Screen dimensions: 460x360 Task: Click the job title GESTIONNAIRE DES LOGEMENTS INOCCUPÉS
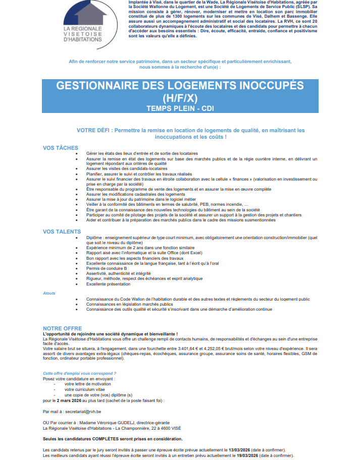(x=180, y=85)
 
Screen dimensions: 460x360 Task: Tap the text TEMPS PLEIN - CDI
(x=180, y=108)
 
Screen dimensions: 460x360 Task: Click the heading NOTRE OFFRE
(x=62, y=328)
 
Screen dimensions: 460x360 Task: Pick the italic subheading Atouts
(x=49, y=293)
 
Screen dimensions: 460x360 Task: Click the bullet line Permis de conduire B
(x=107, y=268)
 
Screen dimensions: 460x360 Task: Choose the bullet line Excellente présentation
(x=109, y=283)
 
